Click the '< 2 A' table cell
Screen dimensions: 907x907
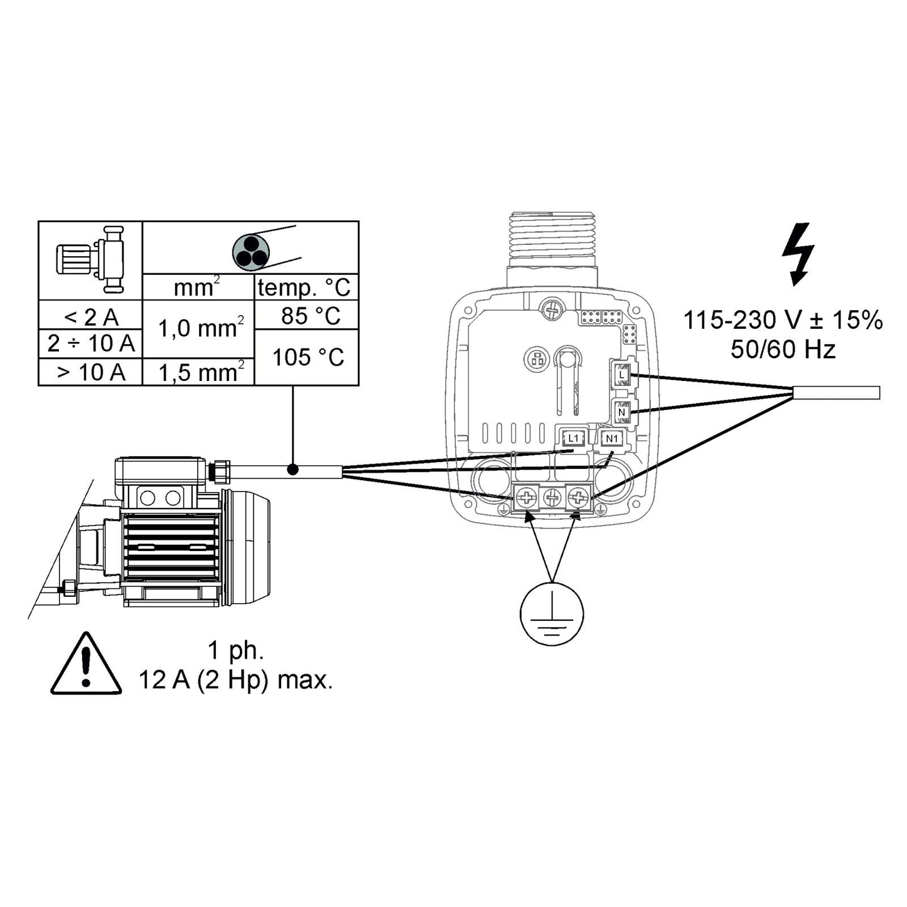click(91, 316)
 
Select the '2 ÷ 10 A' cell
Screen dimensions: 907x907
click(91, 344)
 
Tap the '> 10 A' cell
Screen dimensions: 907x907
click(91, 372)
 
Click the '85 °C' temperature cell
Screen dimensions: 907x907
click(308, 315)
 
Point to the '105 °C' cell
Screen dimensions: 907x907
click(308, 357)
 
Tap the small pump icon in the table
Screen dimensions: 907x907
click(91, 259)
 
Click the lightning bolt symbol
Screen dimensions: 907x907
click(798, 254)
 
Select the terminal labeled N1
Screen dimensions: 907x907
click(611, 438)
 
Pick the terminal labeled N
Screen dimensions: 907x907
click(621, 412)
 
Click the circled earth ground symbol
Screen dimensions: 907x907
click(552, 613)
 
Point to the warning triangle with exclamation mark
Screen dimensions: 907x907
click(86, 666)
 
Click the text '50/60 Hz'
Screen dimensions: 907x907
click(782, 350)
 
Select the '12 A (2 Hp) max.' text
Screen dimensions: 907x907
click(235, 680)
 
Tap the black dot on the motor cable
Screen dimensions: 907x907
click(292, 470)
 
